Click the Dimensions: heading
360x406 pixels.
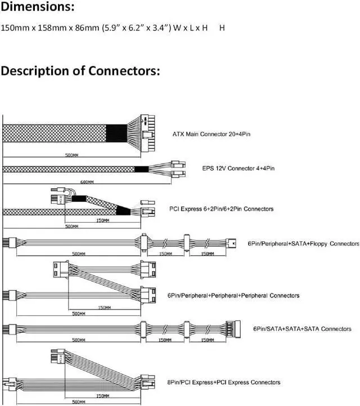(38, 7)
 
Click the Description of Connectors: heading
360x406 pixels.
(81, 71)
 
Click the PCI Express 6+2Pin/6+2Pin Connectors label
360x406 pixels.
(221, 209)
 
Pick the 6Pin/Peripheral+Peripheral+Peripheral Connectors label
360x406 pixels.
(233, 295)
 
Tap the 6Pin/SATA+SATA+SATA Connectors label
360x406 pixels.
(302, 329)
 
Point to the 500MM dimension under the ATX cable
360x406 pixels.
(71, 154)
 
